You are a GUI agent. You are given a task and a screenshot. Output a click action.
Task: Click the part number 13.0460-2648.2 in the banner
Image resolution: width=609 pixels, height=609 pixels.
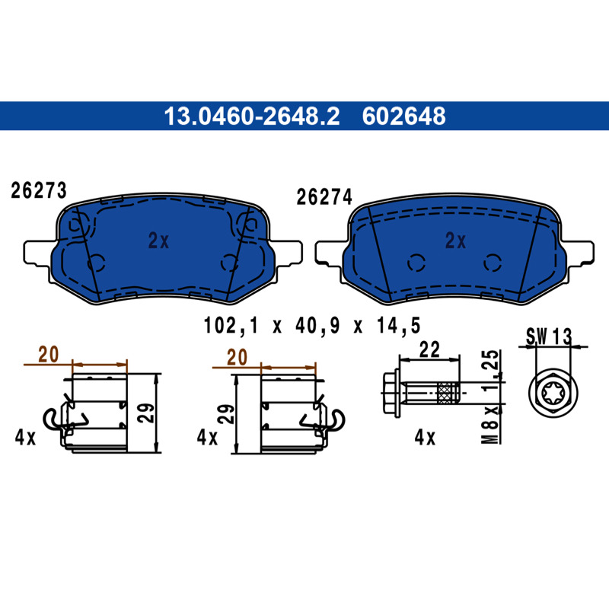252,116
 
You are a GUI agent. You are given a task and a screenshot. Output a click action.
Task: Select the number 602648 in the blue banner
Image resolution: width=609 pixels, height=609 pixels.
404,116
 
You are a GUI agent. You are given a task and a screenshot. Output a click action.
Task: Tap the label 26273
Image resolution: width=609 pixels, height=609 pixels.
39,191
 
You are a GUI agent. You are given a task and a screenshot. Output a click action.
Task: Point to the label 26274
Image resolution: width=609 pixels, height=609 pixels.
324,197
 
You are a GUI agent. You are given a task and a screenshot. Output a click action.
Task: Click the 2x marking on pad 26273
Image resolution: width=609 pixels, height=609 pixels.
158,241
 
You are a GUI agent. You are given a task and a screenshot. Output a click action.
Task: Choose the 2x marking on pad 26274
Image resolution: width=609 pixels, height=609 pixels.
455,241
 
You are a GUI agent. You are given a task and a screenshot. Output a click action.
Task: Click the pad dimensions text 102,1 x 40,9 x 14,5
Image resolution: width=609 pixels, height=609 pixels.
312,326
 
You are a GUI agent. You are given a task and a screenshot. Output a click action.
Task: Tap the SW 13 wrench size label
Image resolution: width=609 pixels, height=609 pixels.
549,336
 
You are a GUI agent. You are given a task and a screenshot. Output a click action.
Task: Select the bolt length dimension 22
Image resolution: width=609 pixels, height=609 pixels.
429,349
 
